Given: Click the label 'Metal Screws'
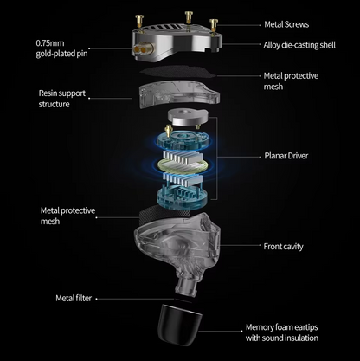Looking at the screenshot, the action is pyautogui.click(x=286, y=24).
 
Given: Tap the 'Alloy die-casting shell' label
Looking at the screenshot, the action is pyautogui.click(x=299, y=45).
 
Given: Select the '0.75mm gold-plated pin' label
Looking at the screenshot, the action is pyautogui.click(x=61, y=48).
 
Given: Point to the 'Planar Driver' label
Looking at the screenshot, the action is pyautogui.click(x=286, y=156).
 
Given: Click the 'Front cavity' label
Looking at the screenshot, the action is pyautogui.click(x=283, y=247).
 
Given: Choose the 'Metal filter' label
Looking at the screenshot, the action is pyautogui.click(x=74, y=298).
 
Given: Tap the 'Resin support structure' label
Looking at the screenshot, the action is pyautogui.click(x=62, y=99).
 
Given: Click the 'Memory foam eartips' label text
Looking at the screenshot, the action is pyautogui.click(x=281, y=327).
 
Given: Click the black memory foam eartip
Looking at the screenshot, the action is pyautogui.click(x=179, y=325).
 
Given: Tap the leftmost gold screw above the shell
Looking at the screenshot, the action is pyautogui.click(x=139, y=22).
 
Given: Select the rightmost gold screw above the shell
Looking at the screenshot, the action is pyautogui.click(x=214, y=25).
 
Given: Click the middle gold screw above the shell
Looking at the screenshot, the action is pyautogui.click(x=189, y=17).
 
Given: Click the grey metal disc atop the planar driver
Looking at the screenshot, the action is pyautogui.click(x=188, y=117).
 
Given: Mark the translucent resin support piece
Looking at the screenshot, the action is pyautogui.click(x=178, y=94).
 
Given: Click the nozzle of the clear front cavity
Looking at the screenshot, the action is pyautogui.click(x=187, y=287).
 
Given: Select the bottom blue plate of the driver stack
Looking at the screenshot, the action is pyautogui.click(x=182, y=197).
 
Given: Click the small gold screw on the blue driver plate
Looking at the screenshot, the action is pyautogui.click(x=168, y=131).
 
